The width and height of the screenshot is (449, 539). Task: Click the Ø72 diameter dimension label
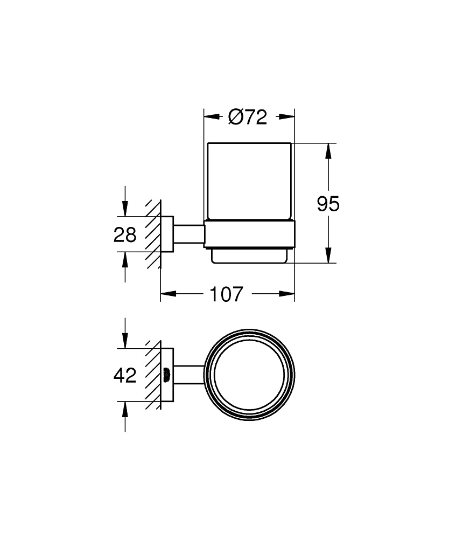tap(248, 116)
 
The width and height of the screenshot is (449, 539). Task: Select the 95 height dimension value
tap(328, 204)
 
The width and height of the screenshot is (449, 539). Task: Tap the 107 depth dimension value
tap(226, 294)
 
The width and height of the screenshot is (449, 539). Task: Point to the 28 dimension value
tap(125, 235)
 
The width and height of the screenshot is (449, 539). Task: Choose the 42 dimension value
tap(125, 375)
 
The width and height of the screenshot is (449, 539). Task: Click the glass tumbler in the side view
tap(249, 181)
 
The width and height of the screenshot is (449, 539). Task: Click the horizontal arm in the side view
tap(188, 234)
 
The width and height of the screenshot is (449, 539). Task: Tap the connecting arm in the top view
tap(188, 374)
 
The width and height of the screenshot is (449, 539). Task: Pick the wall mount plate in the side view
tap(167, 234)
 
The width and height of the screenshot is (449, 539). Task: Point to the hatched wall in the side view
tap(153, 234)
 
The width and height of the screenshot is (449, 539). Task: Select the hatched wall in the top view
tap(153, 374)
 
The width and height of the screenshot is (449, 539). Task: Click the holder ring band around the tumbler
tap(249, 234)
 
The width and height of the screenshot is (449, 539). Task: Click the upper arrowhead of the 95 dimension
tap(328, 150)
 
